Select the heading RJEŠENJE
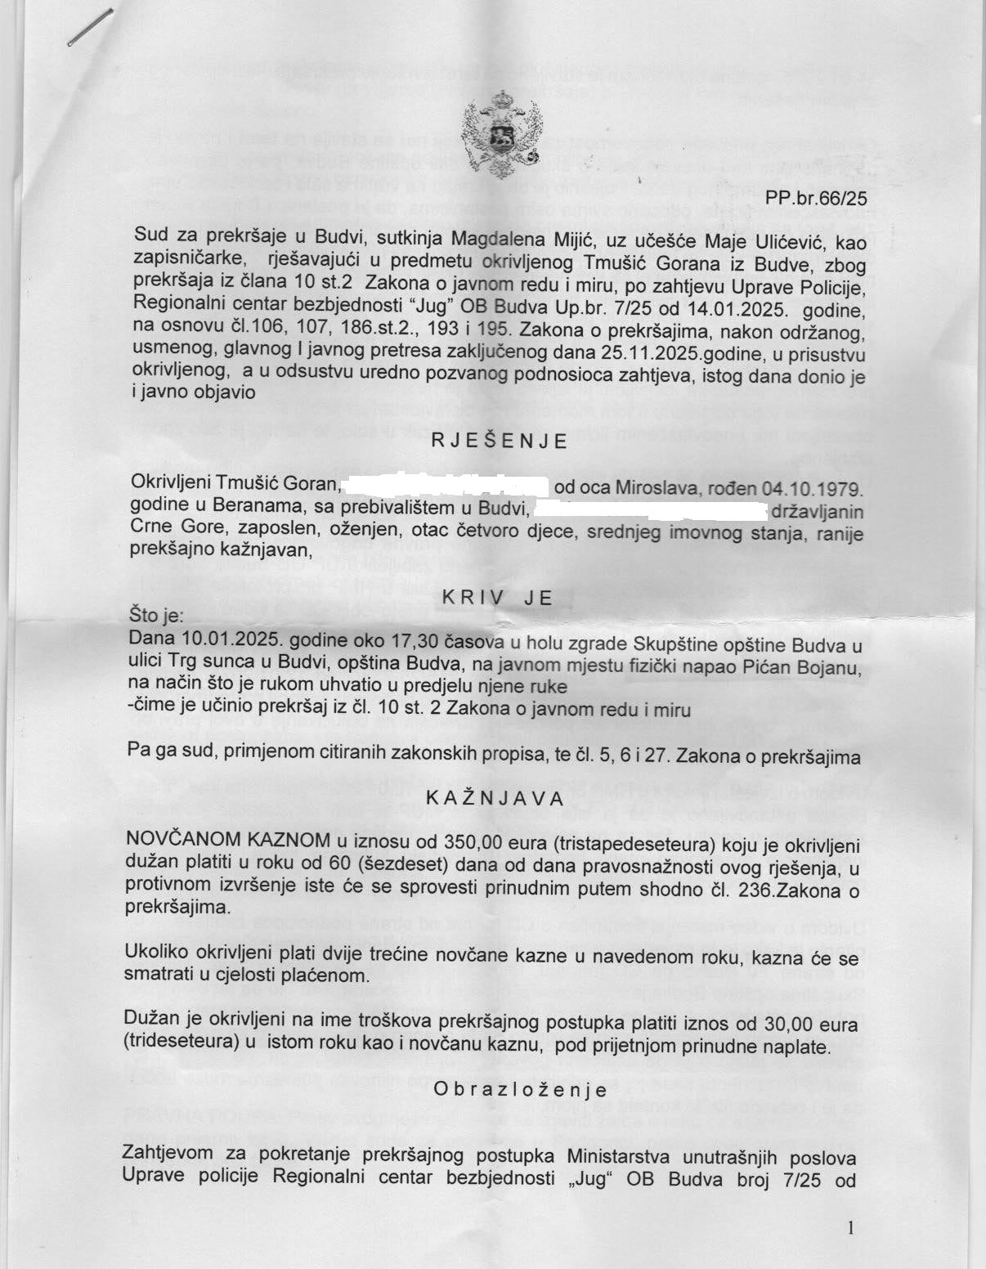point(499,442)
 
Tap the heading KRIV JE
point(497,598)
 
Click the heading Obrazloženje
point(520,1089)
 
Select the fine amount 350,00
point(470,843)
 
